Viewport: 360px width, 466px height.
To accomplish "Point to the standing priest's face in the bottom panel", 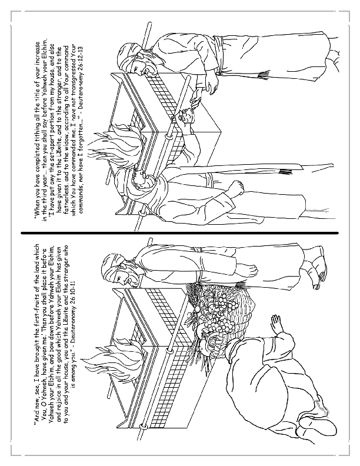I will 121,271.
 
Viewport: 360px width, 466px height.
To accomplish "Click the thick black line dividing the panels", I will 180,233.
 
